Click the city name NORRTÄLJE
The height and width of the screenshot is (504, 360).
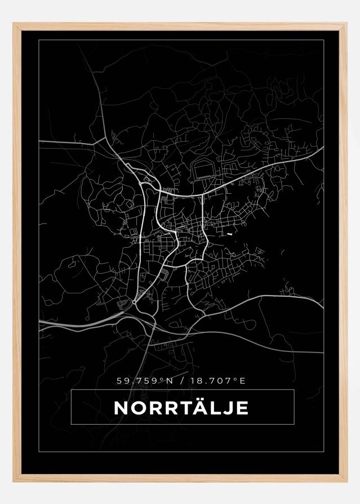181,408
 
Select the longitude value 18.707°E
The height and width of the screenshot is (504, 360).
217,381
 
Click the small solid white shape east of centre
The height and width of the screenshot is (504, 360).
230,233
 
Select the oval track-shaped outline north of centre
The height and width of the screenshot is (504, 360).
202,171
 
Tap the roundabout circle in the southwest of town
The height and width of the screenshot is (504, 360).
135,302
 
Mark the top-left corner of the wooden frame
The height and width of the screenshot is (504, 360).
15,24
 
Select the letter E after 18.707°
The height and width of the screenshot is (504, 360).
242,381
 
